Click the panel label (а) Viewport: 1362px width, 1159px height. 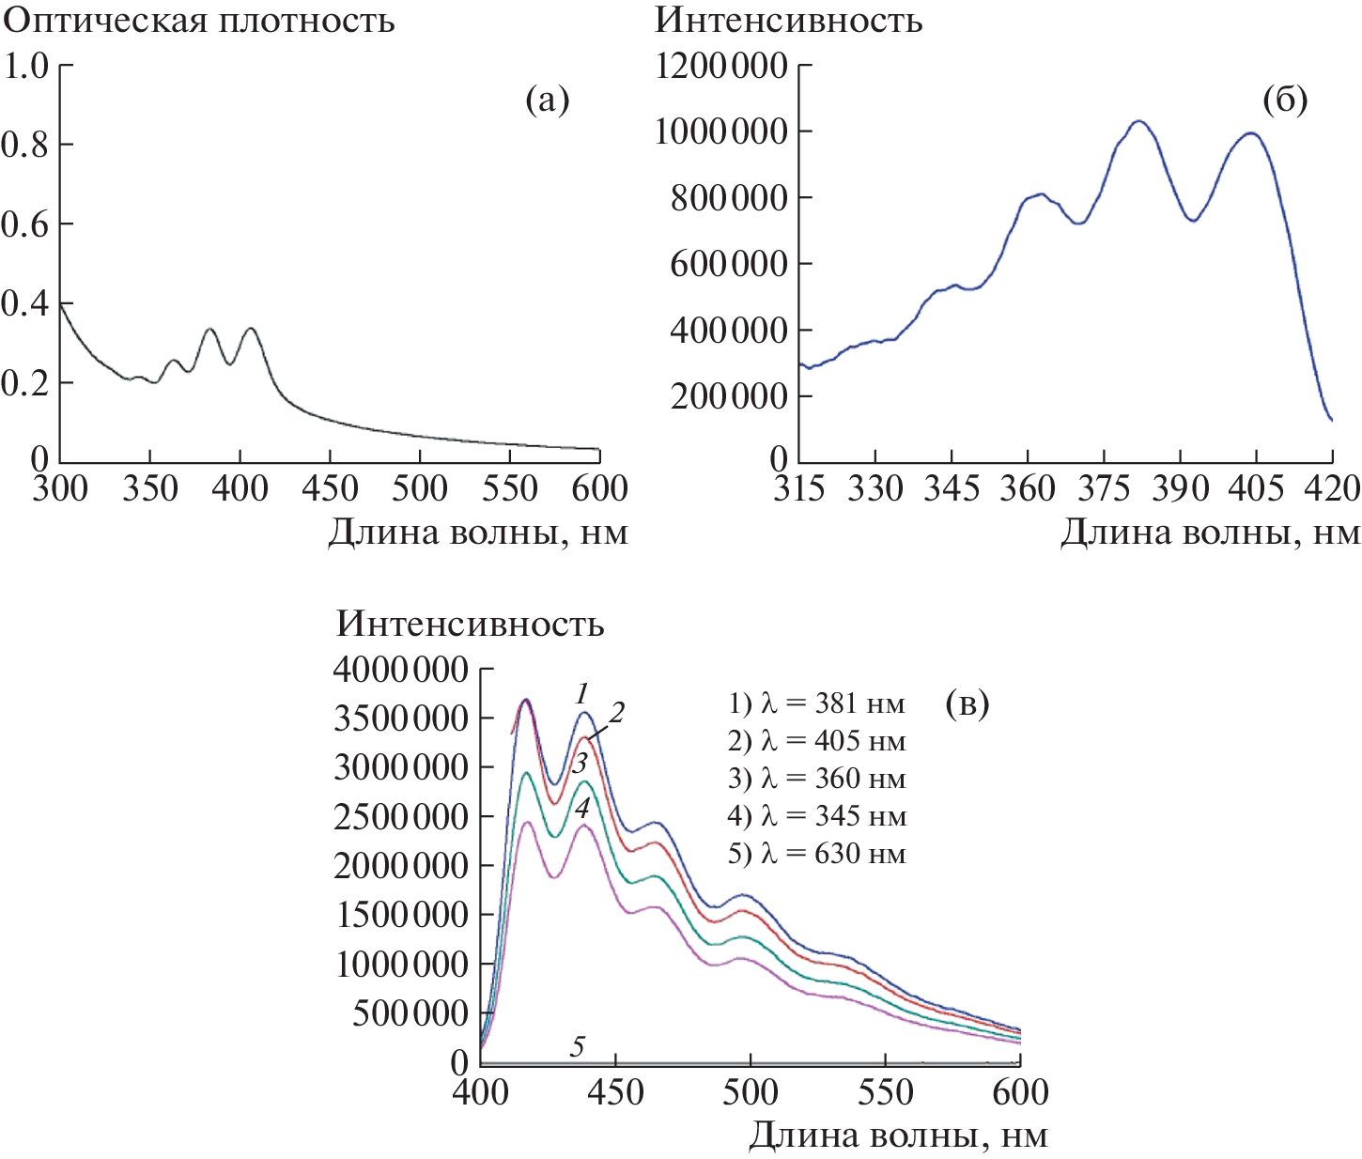[x=548, y=100]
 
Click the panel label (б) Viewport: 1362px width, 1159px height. [x=1285, y=100]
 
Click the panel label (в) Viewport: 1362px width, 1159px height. [x=967, y=703]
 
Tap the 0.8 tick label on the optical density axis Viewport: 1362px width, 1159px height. [x=24, y=145]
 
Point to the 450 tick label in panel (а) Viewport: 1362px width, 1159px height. [x=330, y=488]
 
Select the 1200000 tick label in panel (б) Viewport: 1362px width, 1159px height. [x=721, y=66]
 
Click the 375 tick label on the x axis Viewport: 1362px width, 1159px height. [x=1104, y=488]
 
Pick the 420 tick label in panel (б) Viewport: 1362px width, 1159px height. [x=1332, y=488]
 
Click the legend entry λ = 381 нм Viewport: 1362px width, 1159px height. [x=816, y=703]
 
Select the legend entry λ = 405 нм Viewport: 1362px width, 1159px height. [x=816, y=741]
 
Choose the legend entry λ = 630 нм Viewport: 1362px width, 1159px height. [x=816, y=854]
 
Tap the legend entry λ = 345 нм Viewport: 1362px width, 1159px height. [x=816, y=816]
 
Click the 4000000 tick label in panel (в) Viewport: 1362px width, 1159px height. [x=401, y=670]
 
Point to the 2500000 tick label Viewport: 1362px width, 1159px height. [x=401, y=817]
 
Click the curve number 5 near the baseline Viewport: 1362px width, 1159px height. [x=578, y=1045]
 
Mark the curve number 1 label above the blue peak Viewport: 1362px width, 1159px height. [x=582, y=694]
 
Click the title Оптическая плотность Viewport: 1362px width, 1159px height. [x=199, y=21]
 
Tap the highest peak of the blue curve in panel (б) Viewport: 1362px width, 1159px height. [x=1139, y=121]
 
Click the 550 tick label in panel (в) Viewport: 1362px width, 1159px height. [x=885, y=1092]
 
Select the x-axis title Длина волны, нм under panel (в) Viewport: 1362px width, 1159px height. [x=898, y=1136]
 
